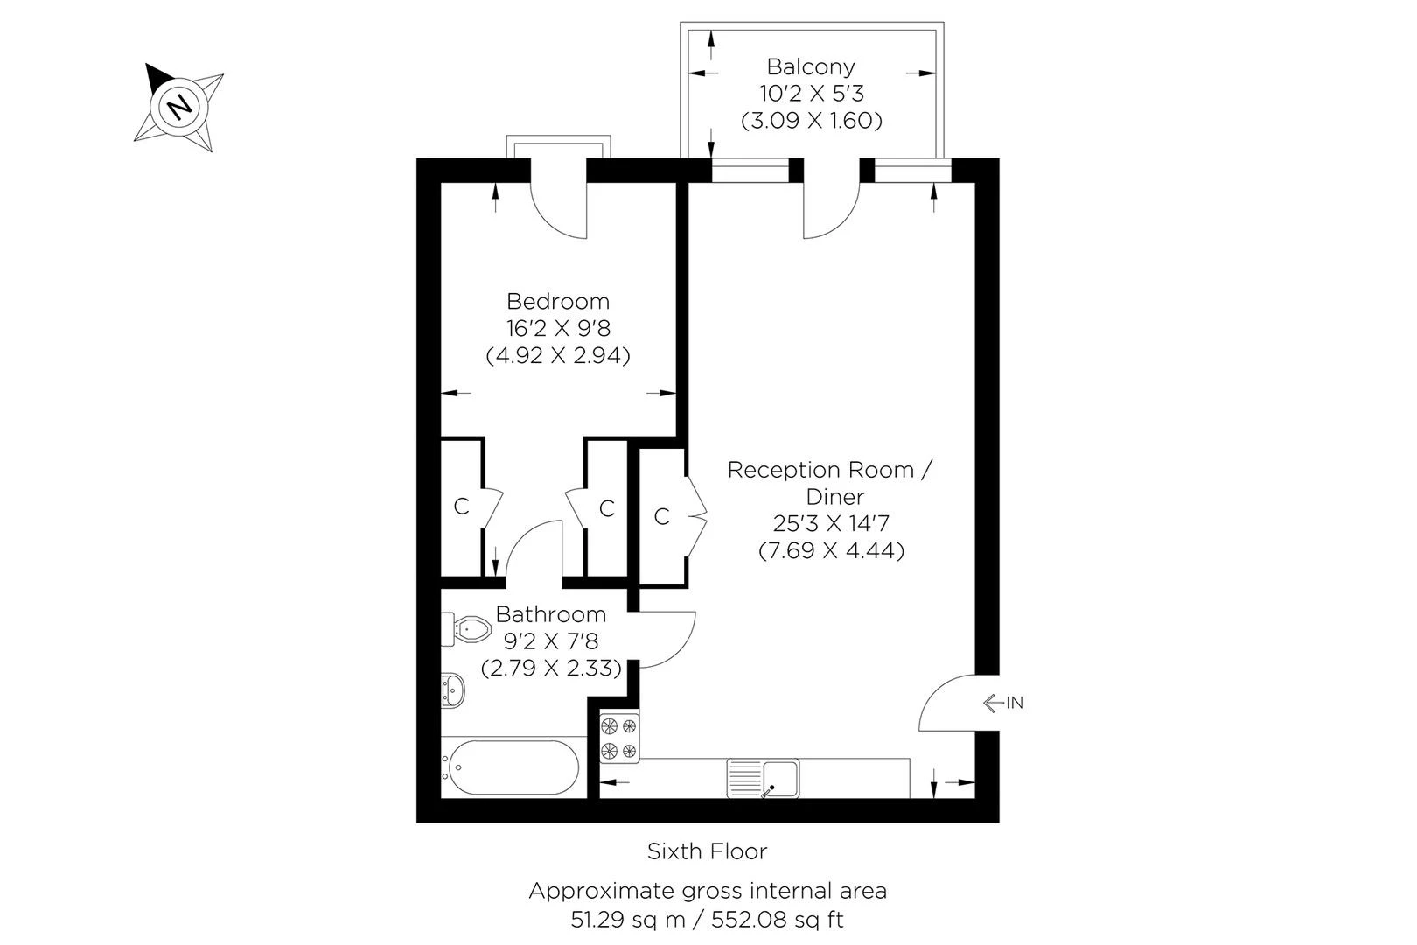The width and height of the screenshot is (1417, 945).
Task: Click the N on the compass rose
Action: [179, 107]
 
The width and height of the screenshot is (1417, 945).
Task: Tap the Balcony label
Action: [811, 66]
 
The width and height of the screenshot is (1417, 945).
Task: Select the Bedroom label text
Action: [558, 302]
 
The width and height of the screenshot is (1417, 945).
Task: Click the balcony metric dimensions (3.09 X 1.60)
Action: [811, 121]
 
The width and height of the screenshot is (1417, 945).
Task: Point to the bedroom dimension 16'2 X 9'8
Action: [558, 329]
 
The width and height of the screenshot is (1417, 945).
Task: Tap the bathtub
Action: [513, 768]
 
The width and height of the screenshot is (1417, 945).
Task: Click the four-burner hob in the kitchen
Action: [619, 738]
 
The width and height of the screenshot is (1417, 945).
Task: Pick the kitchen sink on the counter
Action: [763, 779]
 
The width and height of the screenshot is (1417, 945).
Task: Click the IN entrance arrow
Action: [1002, 703]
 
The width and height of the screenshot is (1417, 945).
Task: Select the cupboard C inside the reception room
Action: [661, 517]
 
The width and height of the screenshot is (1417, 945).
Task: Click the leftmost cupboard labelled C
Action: [461, 507]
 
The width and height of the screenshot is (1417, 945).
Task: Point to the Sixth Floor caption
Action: [707, 850]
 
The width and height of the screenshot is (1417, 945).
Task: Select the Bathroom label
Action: [551, 614]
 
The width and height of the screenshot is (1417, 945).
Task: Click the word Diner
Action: [835, 497]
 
